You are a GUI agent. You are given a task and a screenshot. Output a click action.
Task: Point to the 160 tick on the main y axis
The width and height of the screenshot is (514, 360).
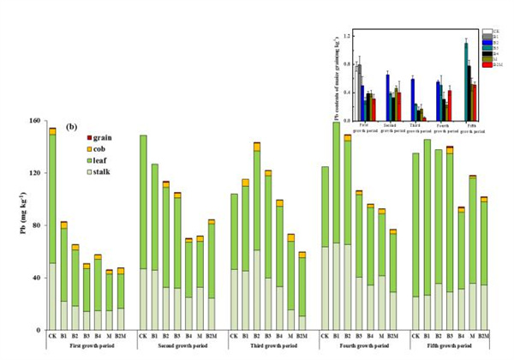pos(34,121)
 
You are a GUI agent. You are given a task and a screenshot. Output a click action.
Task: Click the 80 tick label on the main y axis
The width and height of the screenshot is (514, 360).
pos(36,225)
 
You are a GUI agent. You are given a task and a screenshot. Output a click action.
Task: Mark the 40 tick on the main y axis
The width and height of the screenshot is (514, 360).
pos(36,278)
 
